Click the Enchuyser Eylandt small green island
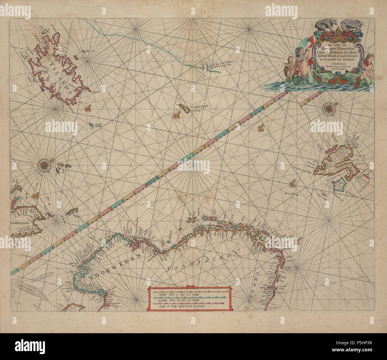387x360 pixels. (x=90, y=125)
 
